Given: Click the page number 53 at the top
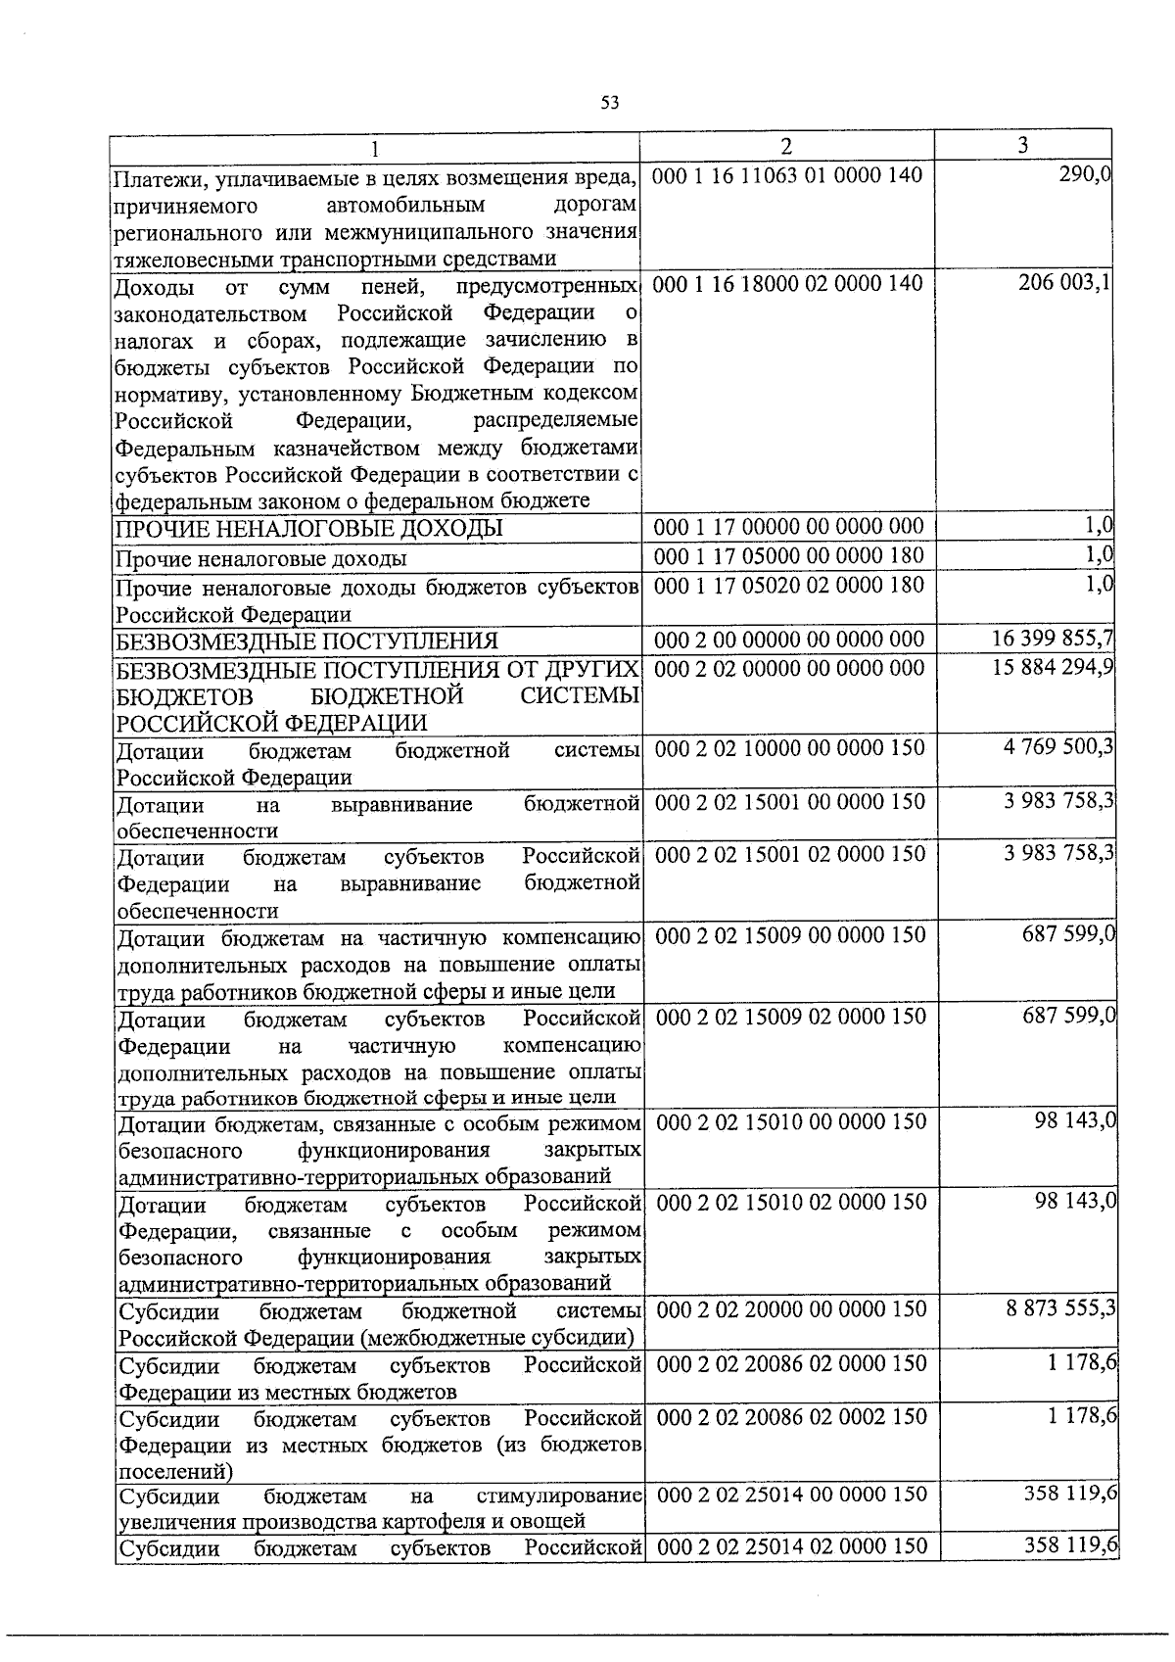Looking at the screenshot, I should pyautogui.click(x=609, y=103).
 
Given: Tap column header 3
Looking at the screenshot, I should pyautogui.click(x=1022, y=146).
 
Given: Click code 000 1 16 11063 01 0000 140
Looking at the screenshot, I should pyautogui.click(x=787, y=177).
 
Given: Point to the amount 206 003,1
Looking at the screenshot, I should pyautogui.click(x=1061, y=284).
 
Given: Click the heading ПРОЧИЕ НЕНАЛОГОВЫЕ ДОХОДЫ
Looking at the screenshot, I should pyautogui.click(x=309, y=530).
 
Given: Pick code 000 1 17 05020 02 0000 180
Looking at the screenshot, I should pyautogui.click(x=787, y=585).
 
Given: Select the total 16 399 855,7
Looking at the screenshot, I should pyautogui.click(x=1053, y=640).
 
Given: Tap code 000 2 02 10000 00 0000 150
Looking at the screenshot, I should pyautogui.click(x=789, y=748).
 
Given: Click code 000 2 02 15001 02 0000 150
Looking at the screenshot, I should pyautogui.click(x=789, y=854).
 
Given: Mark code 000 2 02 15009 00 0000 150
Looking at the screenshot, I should pyautogui.click(x=789, y=935).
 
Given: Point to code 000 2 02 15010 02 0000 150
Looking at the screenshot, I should pyautogui.click(x=789, y=1202).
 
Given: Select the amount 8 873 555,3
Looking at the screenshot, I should pyautogui.click(x=1060, y=1309).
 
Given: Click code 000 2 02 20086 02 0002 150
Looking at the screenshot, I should pyautogui.click(x=789, y=1417).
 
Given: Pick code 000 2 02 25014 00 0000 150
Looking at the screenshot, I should pyautogui.click(x=789, y=1495).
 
